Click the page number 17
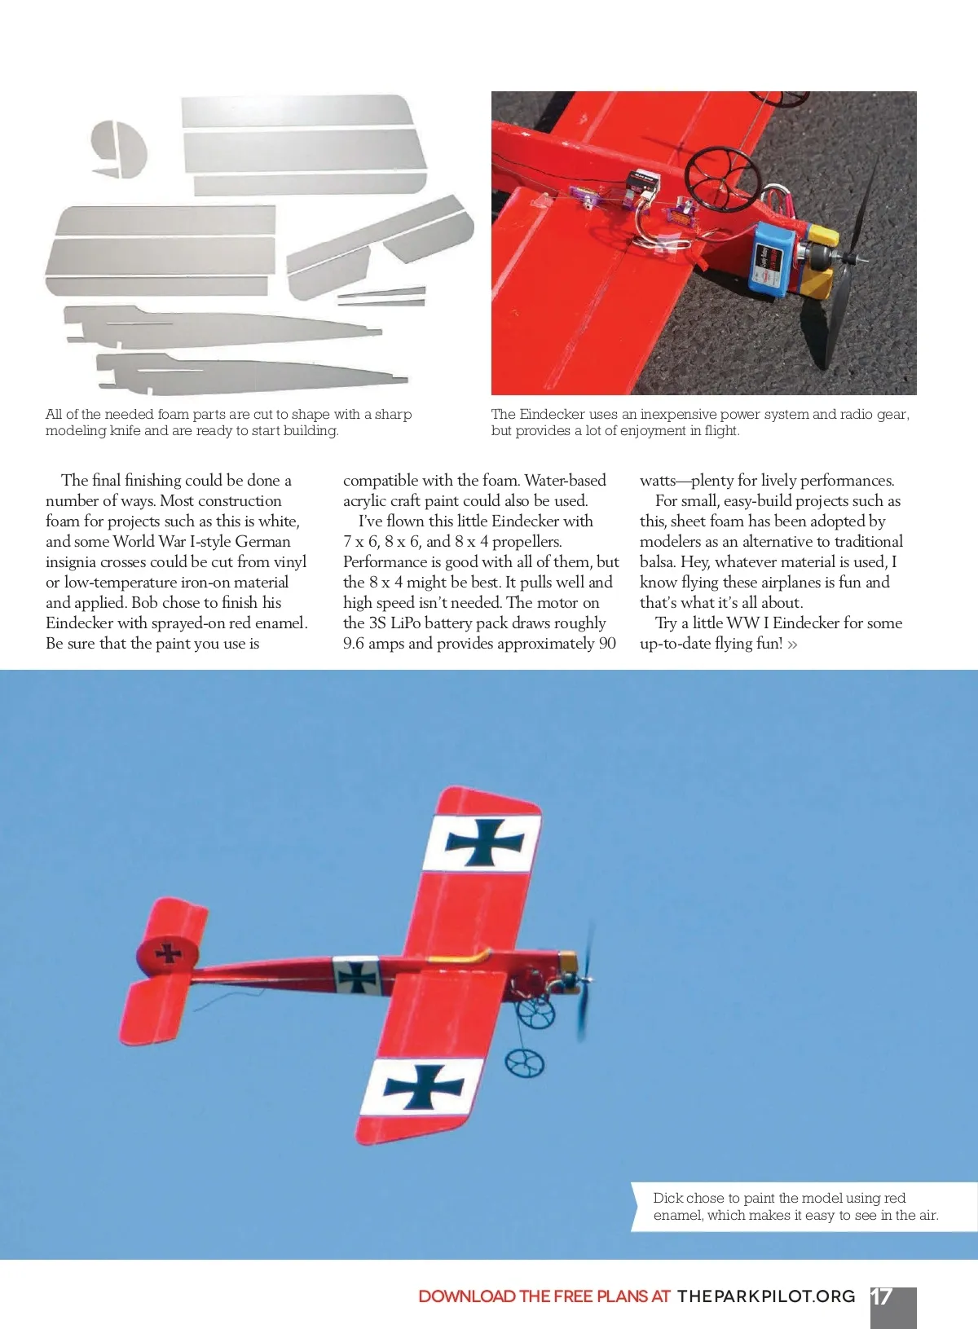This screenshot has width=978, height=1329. tap(882, 1296)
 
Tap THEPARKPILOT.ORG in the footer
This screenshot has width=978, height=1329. tap(766, 1296)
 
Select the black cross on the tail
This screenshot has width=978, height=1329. tap(169, 953)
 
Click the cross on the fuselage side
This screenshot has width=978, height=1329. tap(358, 975)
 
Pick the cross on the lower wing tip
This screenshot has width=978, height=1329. tap(424, 1088)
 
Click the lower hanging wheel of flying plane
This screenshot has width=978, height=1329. tap(525, 1063)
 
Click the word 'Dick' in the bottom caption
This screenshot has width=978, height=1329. tap(667, 1198)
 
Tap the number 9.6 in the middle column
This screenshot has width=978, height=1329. tap(354, 644)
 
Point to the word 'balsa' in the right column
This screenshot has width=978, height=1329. tap(658, 562)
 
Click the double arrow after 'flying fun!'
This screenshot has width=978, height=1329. tap(792, 645)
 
